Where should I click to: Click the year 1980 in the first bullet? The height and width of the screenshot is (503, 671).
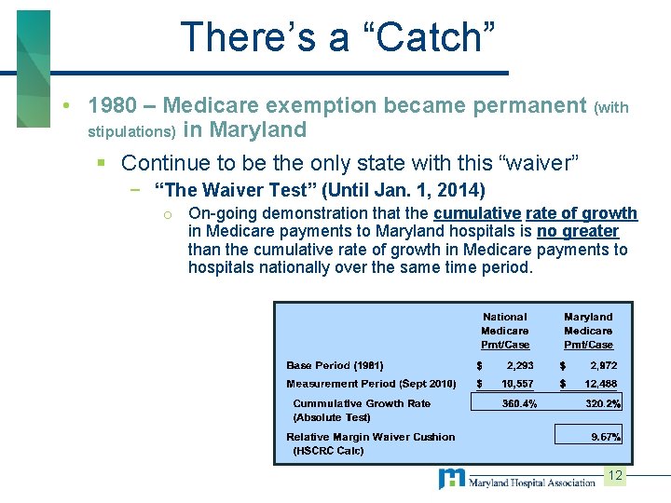pyautogui.click(x=114, y=106)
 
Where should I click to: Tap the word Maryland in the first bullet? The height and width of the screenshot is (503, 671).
pyautogui.click(x=259, y=129)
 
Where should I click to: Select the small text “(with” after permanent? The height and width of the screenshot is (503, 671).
pyautogui.click(x=611, y=108)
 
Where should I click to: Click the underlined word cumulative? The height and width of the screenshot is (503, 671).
pyautogui.click(x=476, y=213)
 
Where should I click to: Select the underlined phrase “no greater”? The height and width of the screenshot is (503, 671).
pyautogui.click(x=578, y=231)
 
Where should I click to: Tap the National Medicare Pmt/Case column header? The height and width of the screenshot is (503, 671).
pyautogui.click(x=504, y=331)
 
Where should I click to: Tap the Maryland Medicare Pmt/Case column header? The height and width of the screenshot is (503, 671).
pyautogui.click(x=588, y=331)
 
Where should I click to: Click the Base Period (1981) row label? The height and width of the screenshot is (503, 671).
pyautogui.click(x=335, y=366)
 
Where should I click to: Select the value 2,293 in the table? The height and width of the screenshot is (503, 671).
pyautogui.click(x=520, y=366)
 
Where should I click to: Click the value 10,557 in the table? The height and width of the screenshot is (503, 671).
pyautogui.click(x=517, y=384)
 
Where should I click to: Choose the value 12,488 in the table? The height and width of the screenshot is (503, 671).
pyautogui.click(x=599, y=384)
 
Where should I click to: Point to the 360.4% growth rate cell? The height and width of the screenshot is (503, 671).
pyautogui.click(x=519, y=403)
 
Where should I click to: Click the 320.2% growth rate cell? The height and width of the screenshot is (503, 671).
pyautogui.click(x=601, y=403)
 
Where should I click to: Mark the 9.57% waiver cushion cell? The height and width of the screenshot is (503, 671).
pyautogui.click(x=606, y=436)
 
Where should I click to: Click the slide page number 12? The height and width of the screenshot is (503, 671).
pyautogui.click(x=614, y=476)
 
